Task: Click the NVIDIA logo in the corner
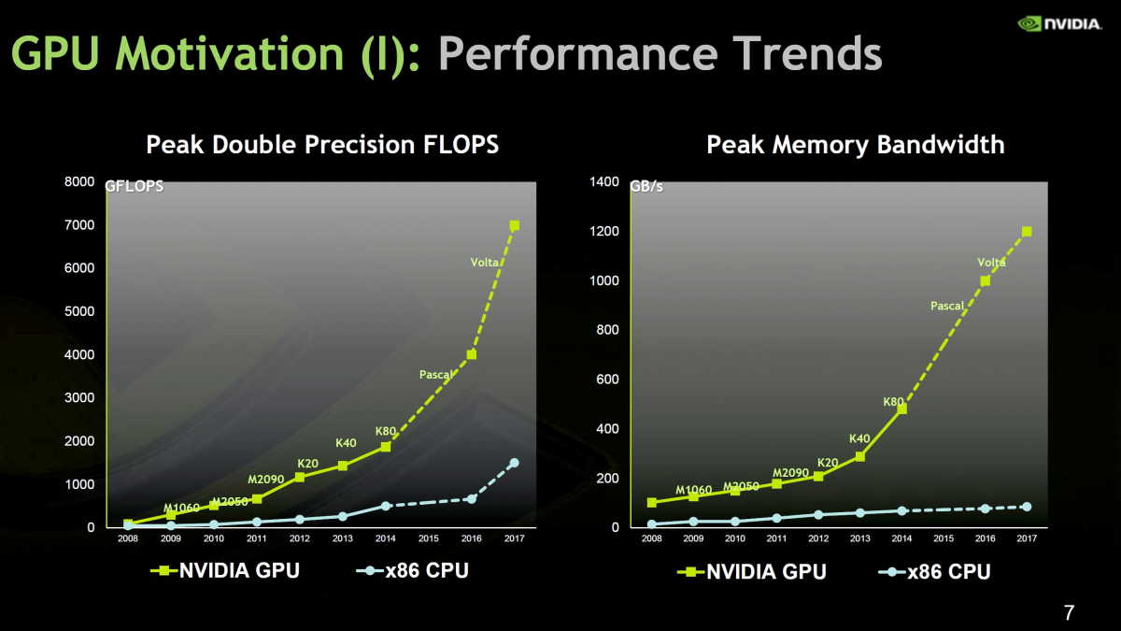click(1059, 23)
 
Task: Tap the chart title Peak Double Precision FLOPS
click(322, 145)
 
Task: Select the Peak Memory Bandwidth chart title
click(855, 145)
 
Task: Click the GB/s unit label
click(646, 186)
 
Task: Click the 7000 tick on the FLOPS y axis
click(78, 225)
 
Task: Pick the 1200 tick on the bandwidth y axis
click(604, 232)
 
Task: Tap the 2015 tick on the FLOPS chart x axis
click(429, 538)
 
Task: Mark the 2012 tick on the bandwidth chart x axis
click(818, 538)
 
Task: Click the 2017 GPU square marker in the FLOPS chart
click(514, 225)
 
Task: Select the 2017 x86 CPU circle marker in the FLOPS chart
click(514, 463)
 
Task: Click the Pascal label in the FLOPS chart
click(436, 375)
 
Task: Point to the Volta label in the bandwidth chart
click(991, 263)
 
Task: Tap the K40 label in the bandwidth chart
click(859, 438)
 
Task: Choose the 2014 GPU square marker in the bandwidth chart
click(901, 409)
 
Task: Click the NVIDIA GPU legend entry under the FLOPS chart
click(226, 570)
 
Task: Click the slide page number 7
click(1069, 613)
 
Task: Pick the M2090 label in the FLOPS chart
click(265, 480)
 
